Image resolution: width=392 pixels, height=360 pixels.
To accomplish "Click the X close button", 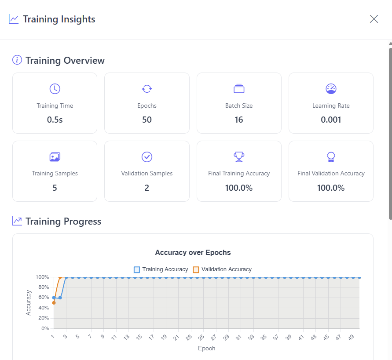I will point(374,19).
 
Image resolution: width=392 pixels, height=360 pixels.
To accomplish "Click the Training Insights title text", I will point(59,19).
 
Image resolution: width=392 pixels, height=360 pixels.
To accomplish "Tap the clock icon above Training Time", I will point(55,88).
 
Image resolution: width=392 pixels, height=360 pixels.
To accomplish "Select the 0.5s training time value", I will point(55,120).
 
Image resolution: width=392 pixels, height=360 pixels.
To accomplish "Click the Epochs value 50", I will point(147,120).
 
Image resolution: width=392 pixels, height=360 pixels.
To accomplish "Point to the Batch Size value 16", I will point(238,120).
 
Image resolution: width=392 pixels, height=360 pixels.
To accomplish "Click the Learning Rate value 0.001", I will point(331,120).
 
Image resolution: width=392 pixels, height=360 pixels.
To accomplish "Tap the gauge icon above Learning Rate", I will point(331,88).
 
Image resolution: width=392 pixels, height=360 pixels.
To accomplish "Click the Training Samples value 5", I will point(55,188).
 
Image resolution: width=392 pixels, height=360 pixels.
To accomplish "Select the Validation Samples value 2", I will point(147,188).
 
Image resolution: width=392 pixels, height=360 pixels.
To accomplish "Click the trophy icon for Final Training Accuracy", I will point(238,156).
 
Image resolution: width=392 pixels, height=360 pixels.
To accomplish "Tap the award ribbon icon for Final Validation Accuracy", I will point(331,156).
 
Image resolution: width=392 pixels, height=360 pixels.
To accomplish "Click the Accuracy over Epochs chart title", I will point(193,253).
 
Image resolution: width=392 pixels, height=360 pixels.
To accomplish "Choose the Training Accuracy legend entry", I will point(161,269).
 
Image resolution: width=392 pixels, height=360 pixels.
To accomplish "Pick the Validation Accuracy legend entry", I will point(222,269).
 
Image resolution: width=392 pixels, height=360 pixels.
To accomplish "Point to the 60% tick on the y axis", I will point(43,298).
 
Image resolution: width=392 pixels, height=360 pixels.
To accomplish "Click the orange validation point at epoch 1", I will point(54,303).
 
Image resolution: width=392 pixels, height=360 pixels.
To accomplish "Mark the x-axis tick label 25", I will point(201,338).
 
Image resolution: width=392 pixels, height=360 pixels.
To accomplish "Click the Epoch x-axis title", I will point(206,349).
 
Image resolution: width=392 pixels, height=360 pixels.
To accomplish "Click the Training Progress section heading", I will point(63,222).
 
